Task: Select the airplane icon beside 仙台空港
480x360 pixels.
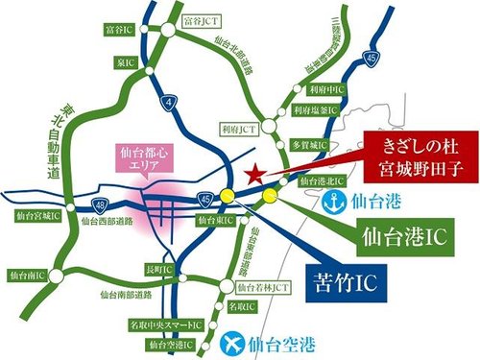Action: (232, 340)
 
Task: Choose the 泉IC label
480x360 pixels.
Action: (127, 60)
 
